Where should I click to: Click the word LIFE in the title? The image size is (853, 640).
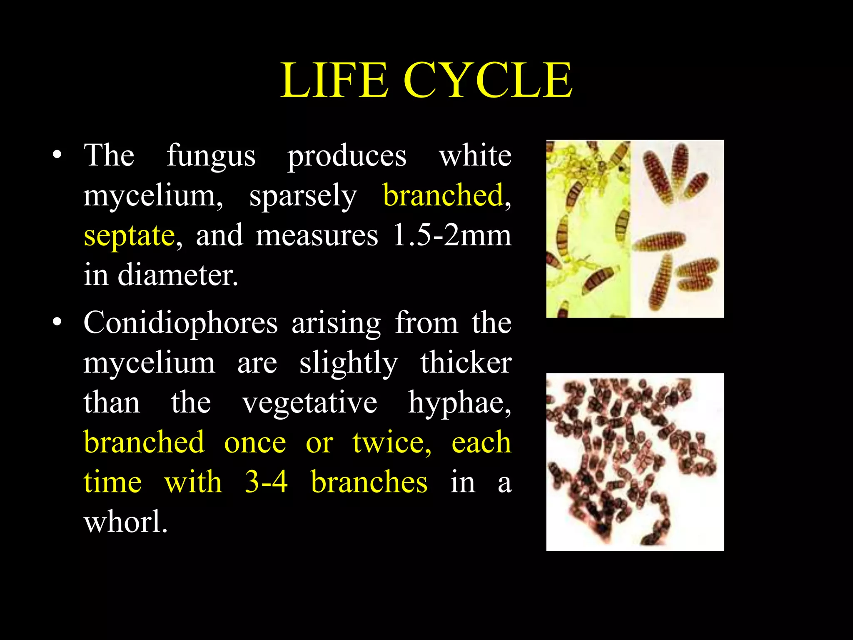click(x=334, y=80)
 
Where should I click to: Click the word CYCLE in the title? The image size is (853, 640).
click(x=488, y=80)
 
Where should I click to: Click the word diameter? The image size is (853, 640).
click(x=178, y=275)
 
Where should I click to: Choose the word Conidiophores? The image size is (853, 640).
click(x=180, y=323)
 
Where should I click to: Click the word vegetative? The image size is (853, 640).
click(x=310, y=402)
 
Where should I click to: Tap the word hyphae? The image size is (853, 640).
click(x=459, y=403)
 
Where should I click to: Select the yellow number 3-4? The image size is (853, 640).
click(x=266, y=482)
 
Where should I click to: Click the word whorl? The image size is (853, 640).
click(x=126, y=521)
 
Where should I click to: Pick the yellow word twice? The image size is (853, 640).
click(x=392, y=442)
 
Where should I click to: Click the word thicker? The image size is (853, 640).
click(x=466, y=362)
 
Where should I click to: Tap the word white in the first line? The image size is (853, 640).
click(x=475, y=156)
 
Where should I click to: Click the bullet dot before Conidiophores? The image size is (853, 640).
click(x=57, y=322)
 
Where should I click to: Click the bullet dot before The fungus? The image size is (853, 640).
click(x=57, y=156)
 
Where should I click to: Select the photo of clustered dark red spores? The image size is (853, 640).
click(x=635, y=462)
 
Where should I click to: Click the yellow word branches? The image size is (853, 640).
click(x=369, y=482)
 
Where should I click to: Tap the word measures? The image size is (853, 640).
click(x=317, y=235)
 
